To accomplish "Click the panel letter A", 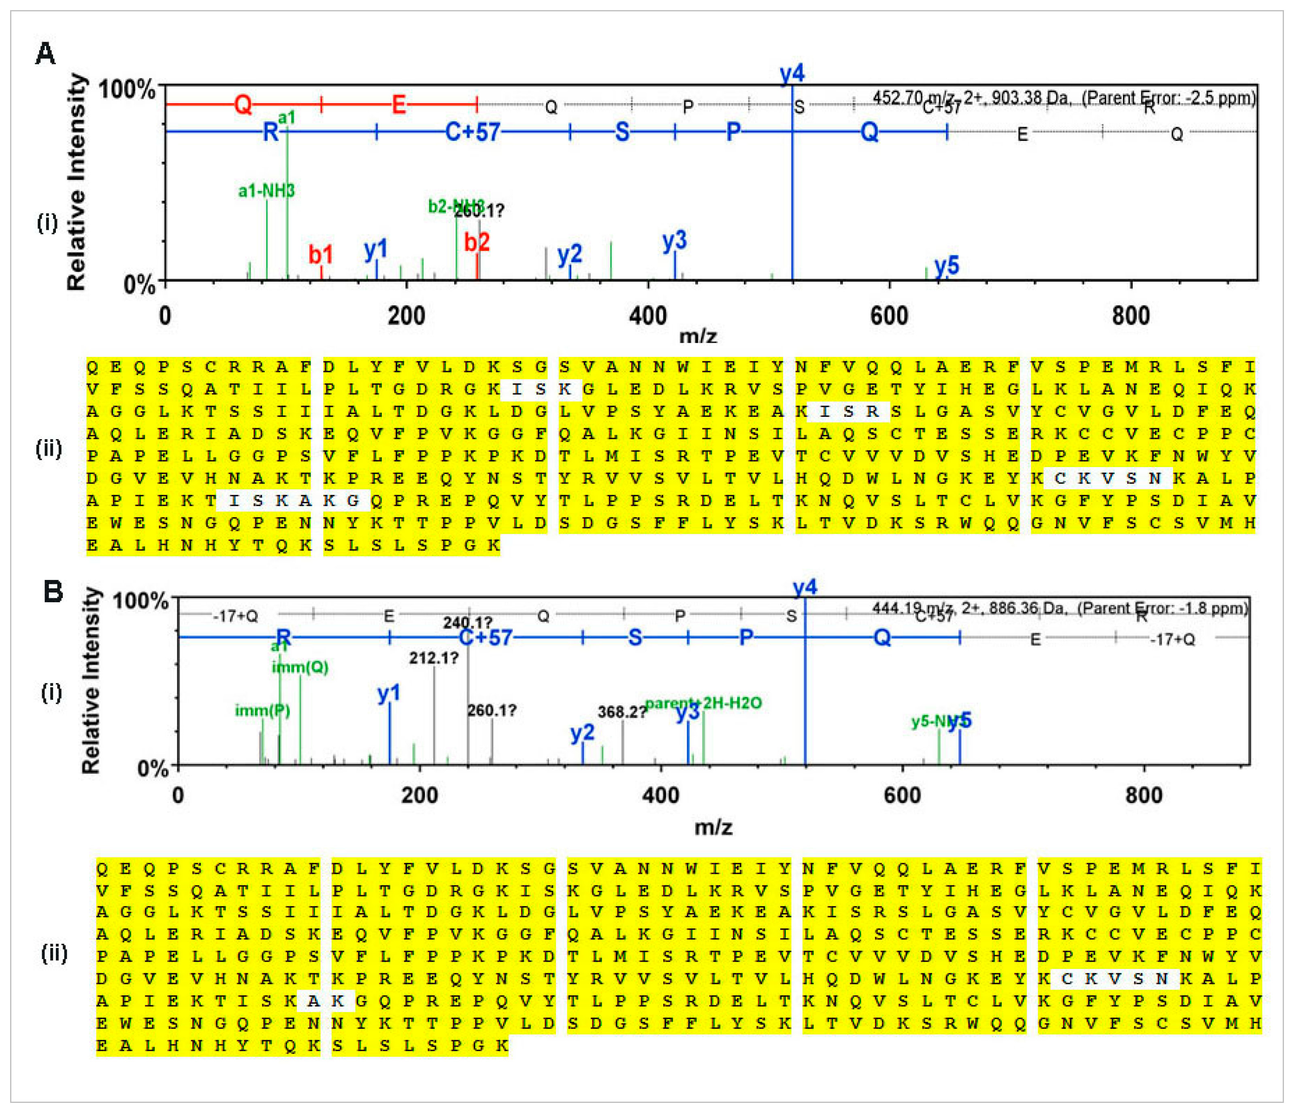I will pos(45,54).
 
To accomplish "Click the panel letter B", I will pos(53,591).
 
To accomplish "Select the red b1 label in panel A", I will pos(321,254).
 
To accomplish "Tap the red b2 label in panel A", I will pos(477,242).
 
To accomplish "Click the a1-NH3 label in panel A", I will pos(266,191).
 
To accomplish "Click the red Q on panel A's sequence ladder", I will pos(243,104).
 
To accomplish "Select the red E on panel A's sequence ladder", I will pos(398,104).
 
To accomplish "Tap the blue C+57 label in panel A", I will pos(473,132).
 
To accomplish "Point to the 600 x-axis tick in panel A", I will pos(889,316).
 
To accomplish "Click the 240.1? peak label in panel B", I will pos(468,622).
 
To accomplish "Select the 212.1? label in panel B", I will pos(433,658).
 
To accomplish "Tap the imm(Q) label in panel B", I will pos(300,667).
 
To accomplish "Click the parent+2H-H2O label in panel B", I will pos(704,703).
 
